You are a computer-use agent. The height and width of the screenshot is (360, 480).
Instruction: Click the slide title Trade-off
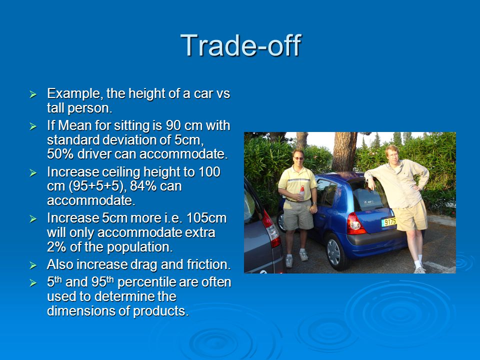[x=241, y=45]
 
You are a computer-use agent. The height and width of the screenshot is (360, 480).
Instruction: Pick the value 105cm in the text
[x=206, y=218]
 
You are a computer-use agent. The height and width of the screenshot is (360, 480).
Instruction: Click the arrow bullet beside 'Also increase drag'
[x=33, y=265]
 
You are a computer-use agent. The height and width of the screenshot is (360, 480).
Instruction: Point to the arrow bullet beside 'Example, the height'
[x=33, y=94]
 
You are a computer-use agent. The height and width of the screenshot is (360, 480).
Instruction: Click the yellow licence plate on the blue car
[x=389, y=222]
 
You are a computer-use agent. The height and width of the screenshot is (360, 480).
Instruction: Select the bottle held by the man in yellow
[x=302, y=192]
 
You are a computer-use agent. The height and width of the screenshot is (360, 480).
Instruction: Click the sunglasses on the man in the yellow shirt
[x=298, y=158]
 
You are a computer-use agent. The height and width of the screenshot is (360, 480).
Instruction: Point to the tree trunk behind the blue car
[x=344, y=151]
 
